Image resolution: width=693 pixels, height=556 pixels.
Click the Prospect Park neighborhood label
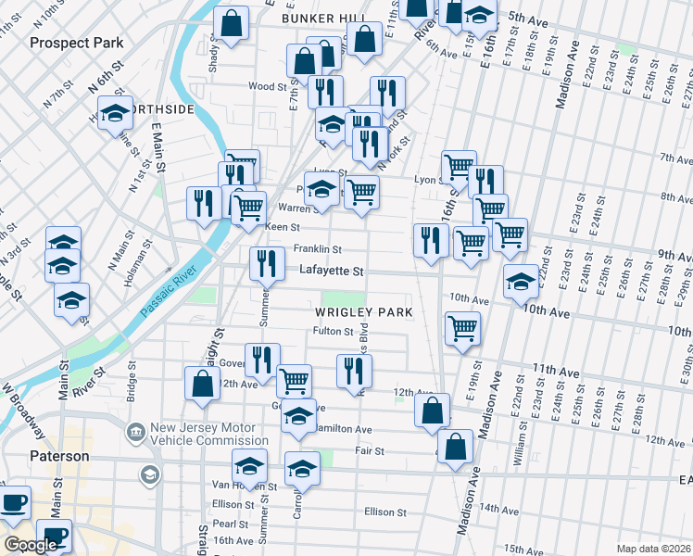coord(76,43)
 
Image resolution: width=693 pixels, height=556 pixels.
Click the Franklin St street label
coord(318,249)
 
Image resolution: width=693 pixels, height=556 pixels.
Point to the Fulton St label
coord(334,331)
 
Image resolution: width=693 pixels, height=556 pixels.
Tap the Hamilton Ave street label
coord(343,430)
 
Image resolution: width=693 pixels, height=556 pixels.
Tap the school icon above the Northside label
coord(115,113)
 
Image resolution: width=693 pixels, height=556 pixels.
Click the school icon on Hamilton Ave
coord(298,419)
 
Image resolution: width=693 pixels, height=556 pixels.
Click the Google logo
coord(30,545)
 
